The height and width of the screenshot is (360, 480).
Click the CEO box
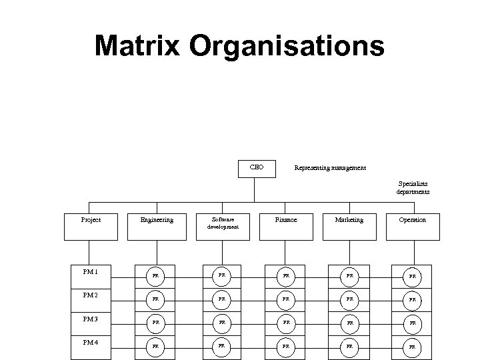click(x=256, y=167)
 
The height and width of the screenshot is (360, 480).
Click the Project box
click(x=91, y=226)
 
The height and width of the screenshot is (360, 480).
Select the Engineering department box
click(x=157, y=226)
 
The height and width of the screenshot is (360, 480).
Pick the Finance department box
click(x=286, y=226)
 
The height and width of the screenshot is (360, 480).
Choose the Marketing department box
click(x=349, y=226)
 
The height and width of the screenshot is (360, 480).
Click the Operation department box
click(x=412, y=226)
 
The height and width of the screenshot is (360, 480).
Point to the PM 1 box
click(x=91, y=275)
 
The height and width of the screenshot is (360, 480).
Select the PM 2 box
click(x=91, y=298)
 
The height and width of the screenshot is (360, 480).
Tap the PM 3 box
click(x=91, y=322)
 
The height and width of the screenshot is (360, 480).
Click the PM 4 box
click(x=91, y=346)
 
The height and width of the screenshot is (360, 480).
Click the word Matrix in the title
click(x=137, y=47)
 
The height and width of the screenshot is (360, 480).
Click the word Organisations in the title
click(x=287, y=47)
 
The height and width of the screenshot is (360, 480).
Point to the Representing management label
click(x=330, y=168)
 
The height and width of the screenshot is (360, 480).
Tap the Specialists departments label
click(x=413, y=187)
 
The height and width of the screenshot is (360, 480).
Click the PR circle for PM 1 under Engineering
click(x=155, y=275)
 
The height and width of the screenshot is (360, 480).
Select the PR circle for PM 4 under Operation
click(x=413, y=347)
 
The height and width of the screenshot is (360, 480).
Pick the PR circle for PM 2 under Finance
click(x=286, y=299)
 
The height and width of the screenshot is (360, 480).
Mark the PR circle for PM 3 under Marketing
click(x=349, y=323)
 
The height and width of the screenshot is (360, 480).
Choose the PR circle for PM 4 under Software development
click(x=221, y=347)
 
